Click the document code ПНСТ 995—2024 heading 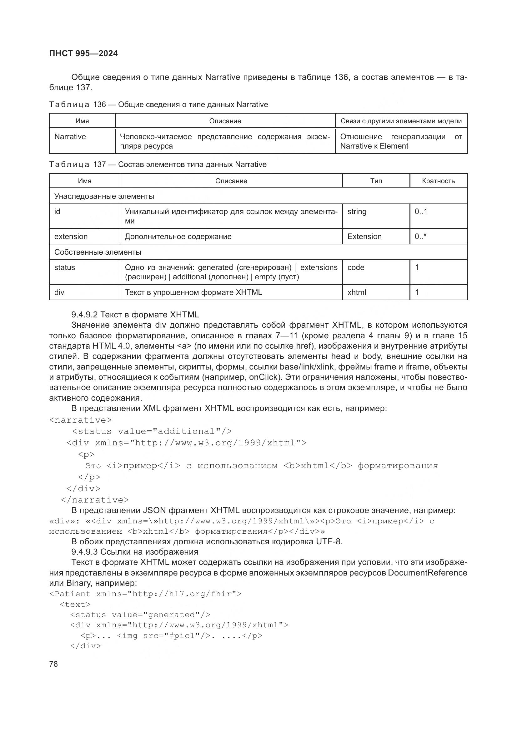tap(83, 53)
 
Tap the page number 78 tap(53, 664)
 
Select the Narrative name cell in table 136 tap(70, 137)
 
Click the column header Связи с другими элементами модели tap(401, 121)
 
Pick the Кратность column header tap(438, 181)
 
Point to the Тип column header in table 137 tap(376, 181)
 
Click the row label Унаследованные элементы tap(104, 196)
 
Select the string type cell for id tap(357, 212)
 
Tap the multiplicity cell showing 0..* tap(420, 237)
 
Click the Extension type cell tap(364, 237)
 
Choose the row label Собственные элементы tap(98, 252)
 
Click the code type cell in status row tap(356, 267)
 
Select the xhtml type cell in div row tap(357, 292)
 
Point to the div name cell tap(59, 292)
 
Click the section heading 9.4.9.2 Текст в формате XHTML tap(135, 315)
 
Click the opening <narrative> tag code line tap(81, 420)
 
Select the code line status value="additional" tap(152, 431)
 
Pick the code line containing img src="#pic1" tap(171, 635)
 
